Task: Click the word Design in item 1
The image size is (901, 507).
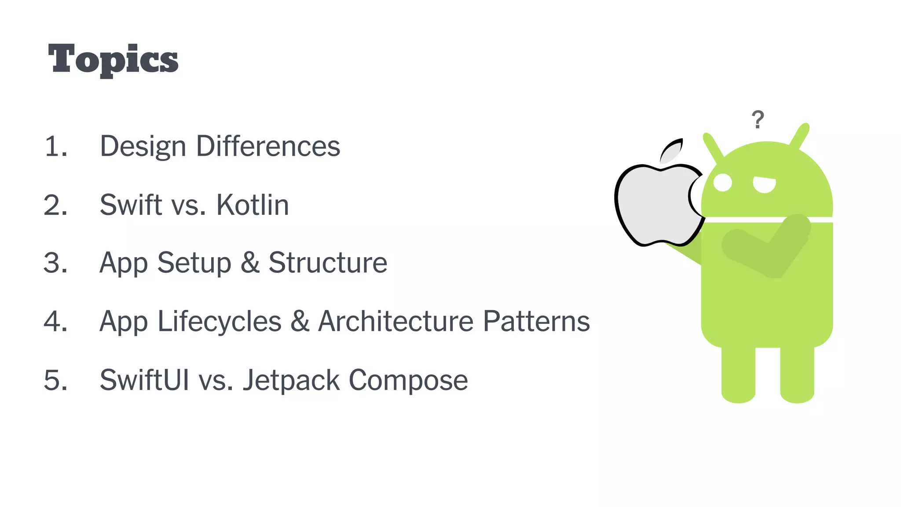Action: click(x=143, y=147)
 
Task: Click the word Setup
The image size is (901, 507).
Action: click(x=194, y=263)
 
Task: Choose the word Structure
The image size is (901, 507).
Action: click(x=328, y=263)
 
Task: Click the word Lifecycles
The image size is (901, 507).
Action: click(x=219, y=321)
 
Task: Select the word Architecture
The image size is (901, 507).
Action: click(x=396, y=321)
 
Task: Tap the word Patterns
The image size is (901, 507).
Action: click(x=536, y=321)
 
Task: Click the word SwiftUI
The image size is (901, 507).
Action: click(x=144, y=380)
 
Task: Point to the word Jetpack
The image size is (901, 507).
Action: click(x=291, y=380)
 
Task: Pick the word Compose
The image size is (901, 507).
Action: click(x=408, y=381)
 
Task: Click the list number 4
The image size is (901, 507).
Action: click(x=55, y=321)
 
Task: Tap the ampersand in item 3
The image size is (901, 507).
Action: click(x=250, y=263)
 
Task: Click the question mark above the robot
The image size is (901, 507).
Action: click(x=758, y=119)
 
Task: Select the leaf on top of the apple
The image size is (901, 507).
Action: click(x=672, y=151)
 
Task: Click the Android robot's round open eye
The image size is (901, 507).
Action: click(x=722, y=182)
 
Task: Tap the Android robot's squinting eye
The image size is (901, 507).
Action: click(x=764, y=184)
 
